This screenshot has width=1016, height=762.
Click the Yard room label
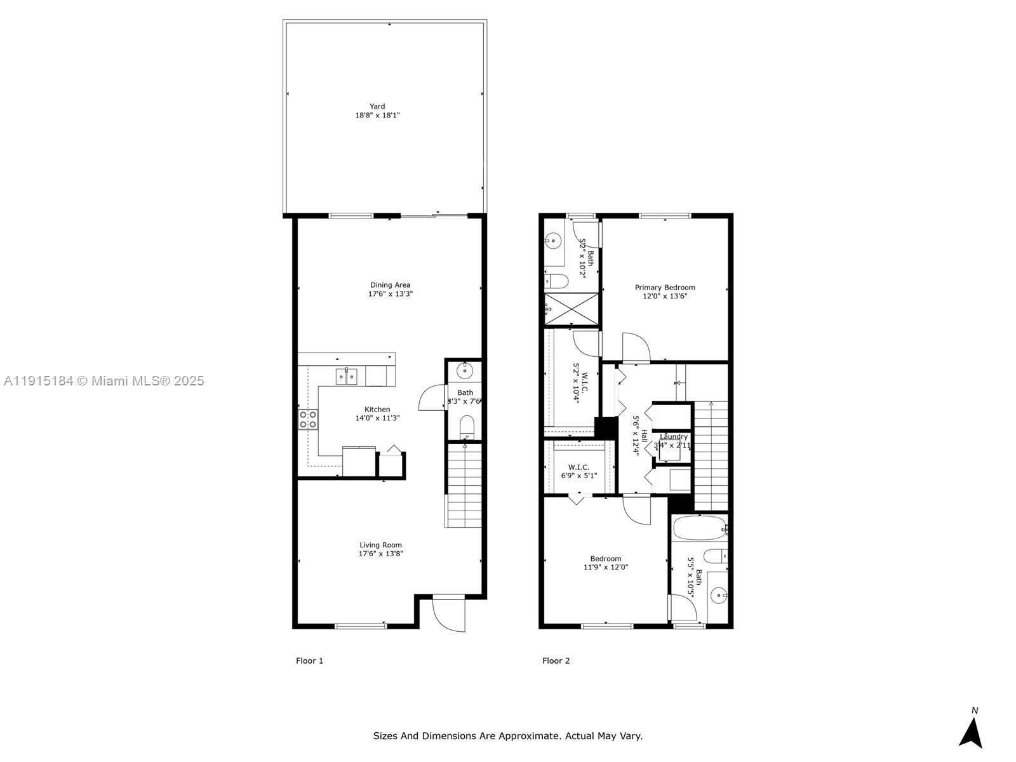377,107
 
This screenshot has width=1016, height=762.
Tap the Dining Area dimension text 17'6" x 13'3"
391,294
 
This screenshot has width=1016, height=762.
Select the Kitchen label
377,410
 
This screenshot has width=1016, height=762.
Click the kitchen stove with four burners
308,420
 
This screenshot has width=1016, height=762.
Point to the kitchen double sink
347,377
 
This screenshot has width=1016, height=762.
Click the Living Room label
380,545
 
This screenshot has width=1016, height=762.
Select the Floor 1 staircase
464,486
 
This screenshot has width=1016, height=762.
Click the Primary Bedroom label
665,288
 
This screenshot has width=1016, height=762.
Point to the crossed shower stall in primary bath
572,310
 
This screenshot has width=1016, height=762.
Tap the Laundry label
673,437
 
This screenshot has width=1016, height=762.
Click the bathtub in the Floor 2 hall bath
698,528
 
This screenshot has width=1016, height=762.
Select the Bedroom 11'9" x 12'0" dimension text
606,568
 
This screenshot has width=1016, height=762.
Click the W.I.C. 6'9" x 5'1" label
578,471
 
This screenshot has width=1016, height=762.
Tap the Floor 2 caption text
556,660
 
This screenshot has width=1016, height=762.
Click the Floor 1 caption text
309,660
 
